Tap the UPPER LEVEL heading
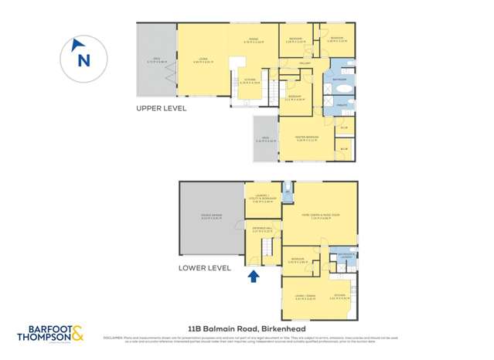pyautogui.click(x=162, y=109)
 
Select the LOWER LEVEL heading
pyautogui.click(x=205, y=268)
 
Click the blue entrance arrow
pyautogui.click(x=252, y=275)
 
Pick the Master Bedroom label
pyautogui.click(x=307, y=139)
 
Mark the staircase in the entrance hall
pyautogui.click(x=266, y=248)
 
